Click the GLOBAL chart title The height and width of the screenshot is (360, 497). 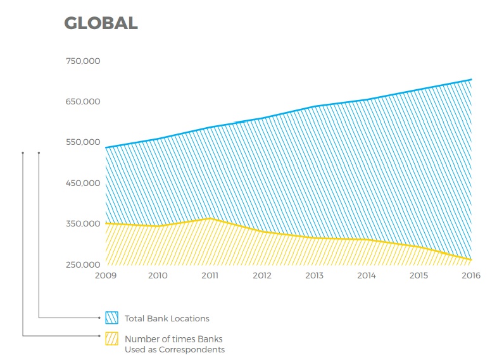coord(101,23)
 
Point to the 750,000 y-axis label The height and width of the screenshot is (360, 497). coord(82,61)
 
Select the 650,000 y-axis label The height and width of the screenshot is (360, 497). coord(82,101)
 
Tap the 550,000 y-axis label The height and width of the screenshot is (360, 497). coord(82,142)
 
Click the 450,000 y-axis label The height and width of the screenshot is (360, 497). coord(82,183)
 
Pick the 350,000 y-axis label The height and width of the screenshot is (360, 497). coord(82,223)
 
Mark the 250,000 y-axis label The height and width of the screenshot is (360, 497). coord(82,264)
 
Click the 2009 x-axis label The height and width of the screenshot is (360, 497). coord(106,275)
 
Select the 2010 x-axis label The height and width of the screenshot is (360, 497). coord(158,275)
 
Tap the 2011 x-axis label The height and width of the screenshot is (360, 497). coord(210,275)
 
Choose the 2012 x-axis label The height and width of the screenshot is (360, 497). coord(262,275)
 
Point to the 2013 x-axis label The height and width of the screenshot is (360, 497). coord(314,275)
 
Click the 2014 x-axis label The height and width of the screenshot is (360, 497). coord(367,275)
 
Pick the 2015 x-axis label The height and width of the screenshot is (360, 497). coord(418,275)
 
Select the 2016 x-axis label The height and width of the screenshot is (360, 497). coord(471,275)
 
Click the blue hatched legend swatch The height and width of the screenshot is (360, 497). coord(111,318)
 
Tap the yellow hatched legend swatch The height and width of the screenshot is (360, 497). coord(111,338)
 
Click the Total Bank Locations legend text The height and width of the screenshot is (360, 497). coord(167,318)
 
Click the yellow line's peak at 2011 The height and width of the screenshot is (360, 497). coord(210,219)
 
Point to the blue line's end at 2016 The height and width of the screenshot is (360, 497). coord(471,80)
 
